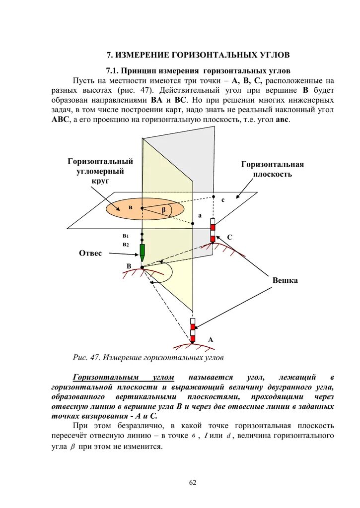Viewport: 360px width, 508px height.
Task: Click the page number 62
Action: coord(193,483)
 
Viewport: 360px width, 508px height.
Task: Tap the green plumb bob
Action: coord(143,252)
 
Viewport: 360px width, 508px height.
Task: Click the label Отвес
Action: coord(90,254)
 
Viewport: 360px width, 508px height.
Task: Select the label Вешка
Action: coord(285,281)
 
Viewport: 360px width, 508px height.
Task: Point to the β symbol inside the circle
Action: coord(164,210)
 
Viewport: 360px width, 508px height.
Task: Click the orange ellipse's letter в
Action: coord(131,207)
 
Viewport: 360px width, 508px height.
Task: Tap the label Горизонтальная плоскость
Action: coord(272,169)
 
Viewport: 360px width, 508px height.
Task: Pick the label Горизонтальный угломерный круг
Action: coord(100,171)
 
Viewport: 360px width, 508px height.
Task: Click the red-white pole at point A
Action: coord(193,329)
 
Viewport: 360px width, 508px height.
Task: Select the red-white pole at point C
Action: coord(213,231)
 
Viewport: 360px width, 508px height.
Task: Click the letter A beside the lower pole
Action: coord(211,340)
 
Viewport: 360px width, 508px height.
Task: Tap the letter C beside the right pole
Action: coord(229,238)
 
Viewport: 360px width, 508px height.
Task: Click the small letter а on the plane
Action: coord(200,216)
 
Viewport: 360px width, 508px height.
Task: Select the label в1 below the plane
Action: coord(126,236)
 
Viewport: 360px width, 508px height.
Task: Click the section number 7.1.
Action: coord(112,71)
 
